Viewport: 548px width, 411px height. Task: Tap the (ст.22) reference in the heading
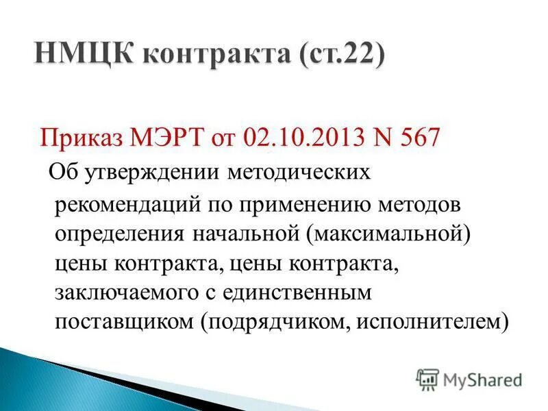point(340,52)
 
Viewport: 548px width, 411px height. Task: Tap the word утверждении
point(151,172)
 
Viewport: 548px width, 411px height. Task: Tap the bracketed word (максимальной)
point(389,233)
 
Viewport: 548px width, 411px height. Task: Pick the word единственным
point(307,292)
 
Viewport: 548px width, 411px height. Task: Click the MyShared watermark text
point(482,379)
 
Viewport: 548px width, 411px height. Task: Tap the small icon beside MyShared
point(427,379)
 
